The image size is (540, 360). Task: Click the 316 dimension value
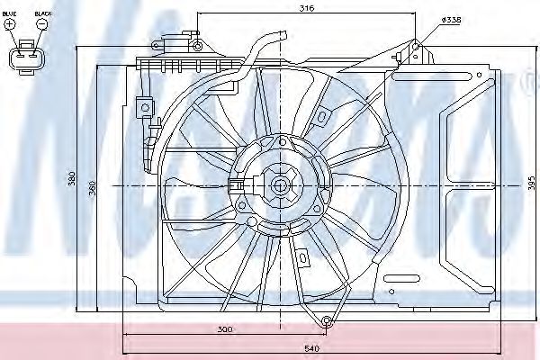(x=307, y=10)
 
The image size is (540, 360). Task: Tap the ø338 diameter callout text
(x=450, y=21)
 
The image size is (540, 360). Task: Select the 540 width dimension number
(x=311, y=347)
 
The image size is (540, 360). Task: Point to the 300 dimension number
(x=225, y=329)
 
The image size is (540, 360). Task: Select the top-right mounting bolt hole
(x=416, y=45)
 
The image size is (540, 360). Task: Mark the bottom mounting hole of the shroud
(x=326, y=320)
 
